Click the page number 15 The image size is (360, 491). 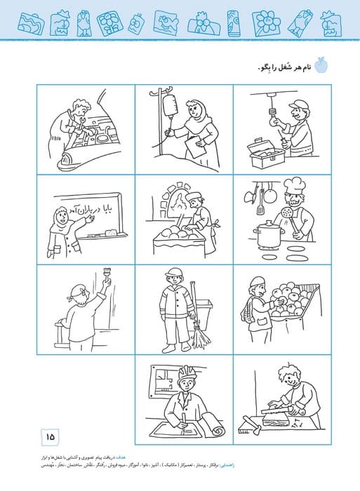(51, 437)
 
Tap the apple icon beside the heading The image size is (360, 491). (322, 65)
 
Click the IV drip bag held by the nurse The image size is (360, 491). (168, 107)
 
